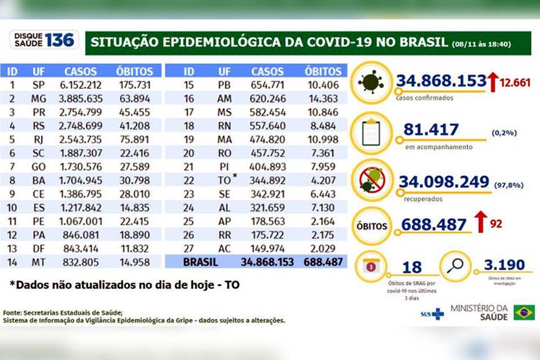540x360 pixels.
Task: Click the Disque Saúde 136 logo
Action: coord(43,39)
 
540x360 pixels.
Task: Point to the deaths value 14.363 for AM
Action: coord(323,98)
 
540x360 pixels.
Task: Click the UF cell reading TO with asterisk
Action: coord(227,181)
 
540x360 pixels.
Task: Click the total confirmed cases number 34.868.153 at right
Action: coord(441,80)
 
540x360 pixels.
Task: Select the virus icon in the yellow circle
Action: coord(371,82)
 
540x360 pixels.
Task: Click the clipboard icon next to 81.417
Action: coord(371,134)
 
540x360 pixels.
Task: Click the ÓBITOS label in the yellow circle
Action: coord(371,226)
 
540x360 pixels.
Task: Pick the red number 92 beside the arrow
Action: coord(496,224)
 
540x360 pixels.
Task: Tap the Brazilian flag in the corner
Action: coord(524,312)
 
